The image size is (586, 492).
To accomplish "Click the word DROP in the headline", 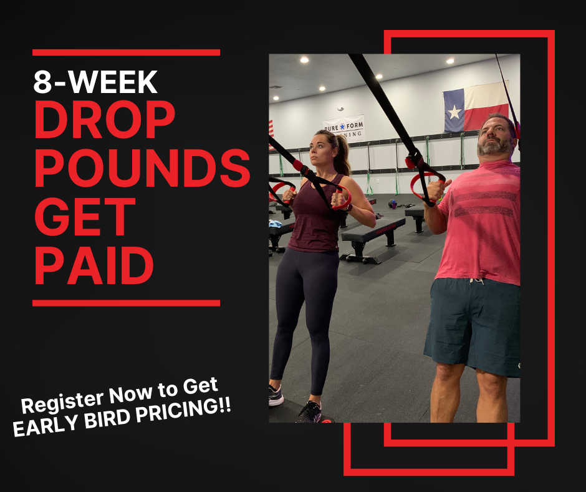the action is click(105, 119).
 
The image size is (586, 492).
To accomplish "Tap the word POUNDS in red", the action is click(142, 168).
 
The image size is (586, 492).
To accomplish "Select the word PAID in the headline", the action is click(94, 265).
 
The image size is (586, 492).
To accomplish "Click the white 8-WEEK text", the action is click(95, 82).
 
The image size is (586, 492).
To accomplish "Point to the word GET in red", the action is click(85, 217).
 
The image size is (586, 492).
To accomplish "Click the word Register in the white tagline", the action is click(62, 402).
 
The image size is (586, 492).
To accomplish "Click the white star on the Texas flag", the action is click(454, 112).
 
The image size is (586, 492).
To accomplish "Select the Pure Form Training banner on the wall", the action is click(344, 128).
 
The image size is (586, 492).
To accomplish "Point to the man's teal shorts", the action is click(473, 325).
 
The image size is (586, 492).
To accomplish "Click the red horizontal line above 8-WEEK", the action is click(127, 52).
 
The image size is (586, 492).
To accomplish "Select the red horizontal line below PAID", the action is click(127, 303).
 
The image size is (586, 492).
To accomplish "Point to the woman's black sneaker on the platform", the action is click(310, 412).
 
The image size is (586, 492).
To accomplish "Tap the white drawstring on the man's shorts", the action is click(477, 281).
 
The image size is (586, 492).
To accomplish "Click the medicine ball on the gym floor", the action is click(392, 204).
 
